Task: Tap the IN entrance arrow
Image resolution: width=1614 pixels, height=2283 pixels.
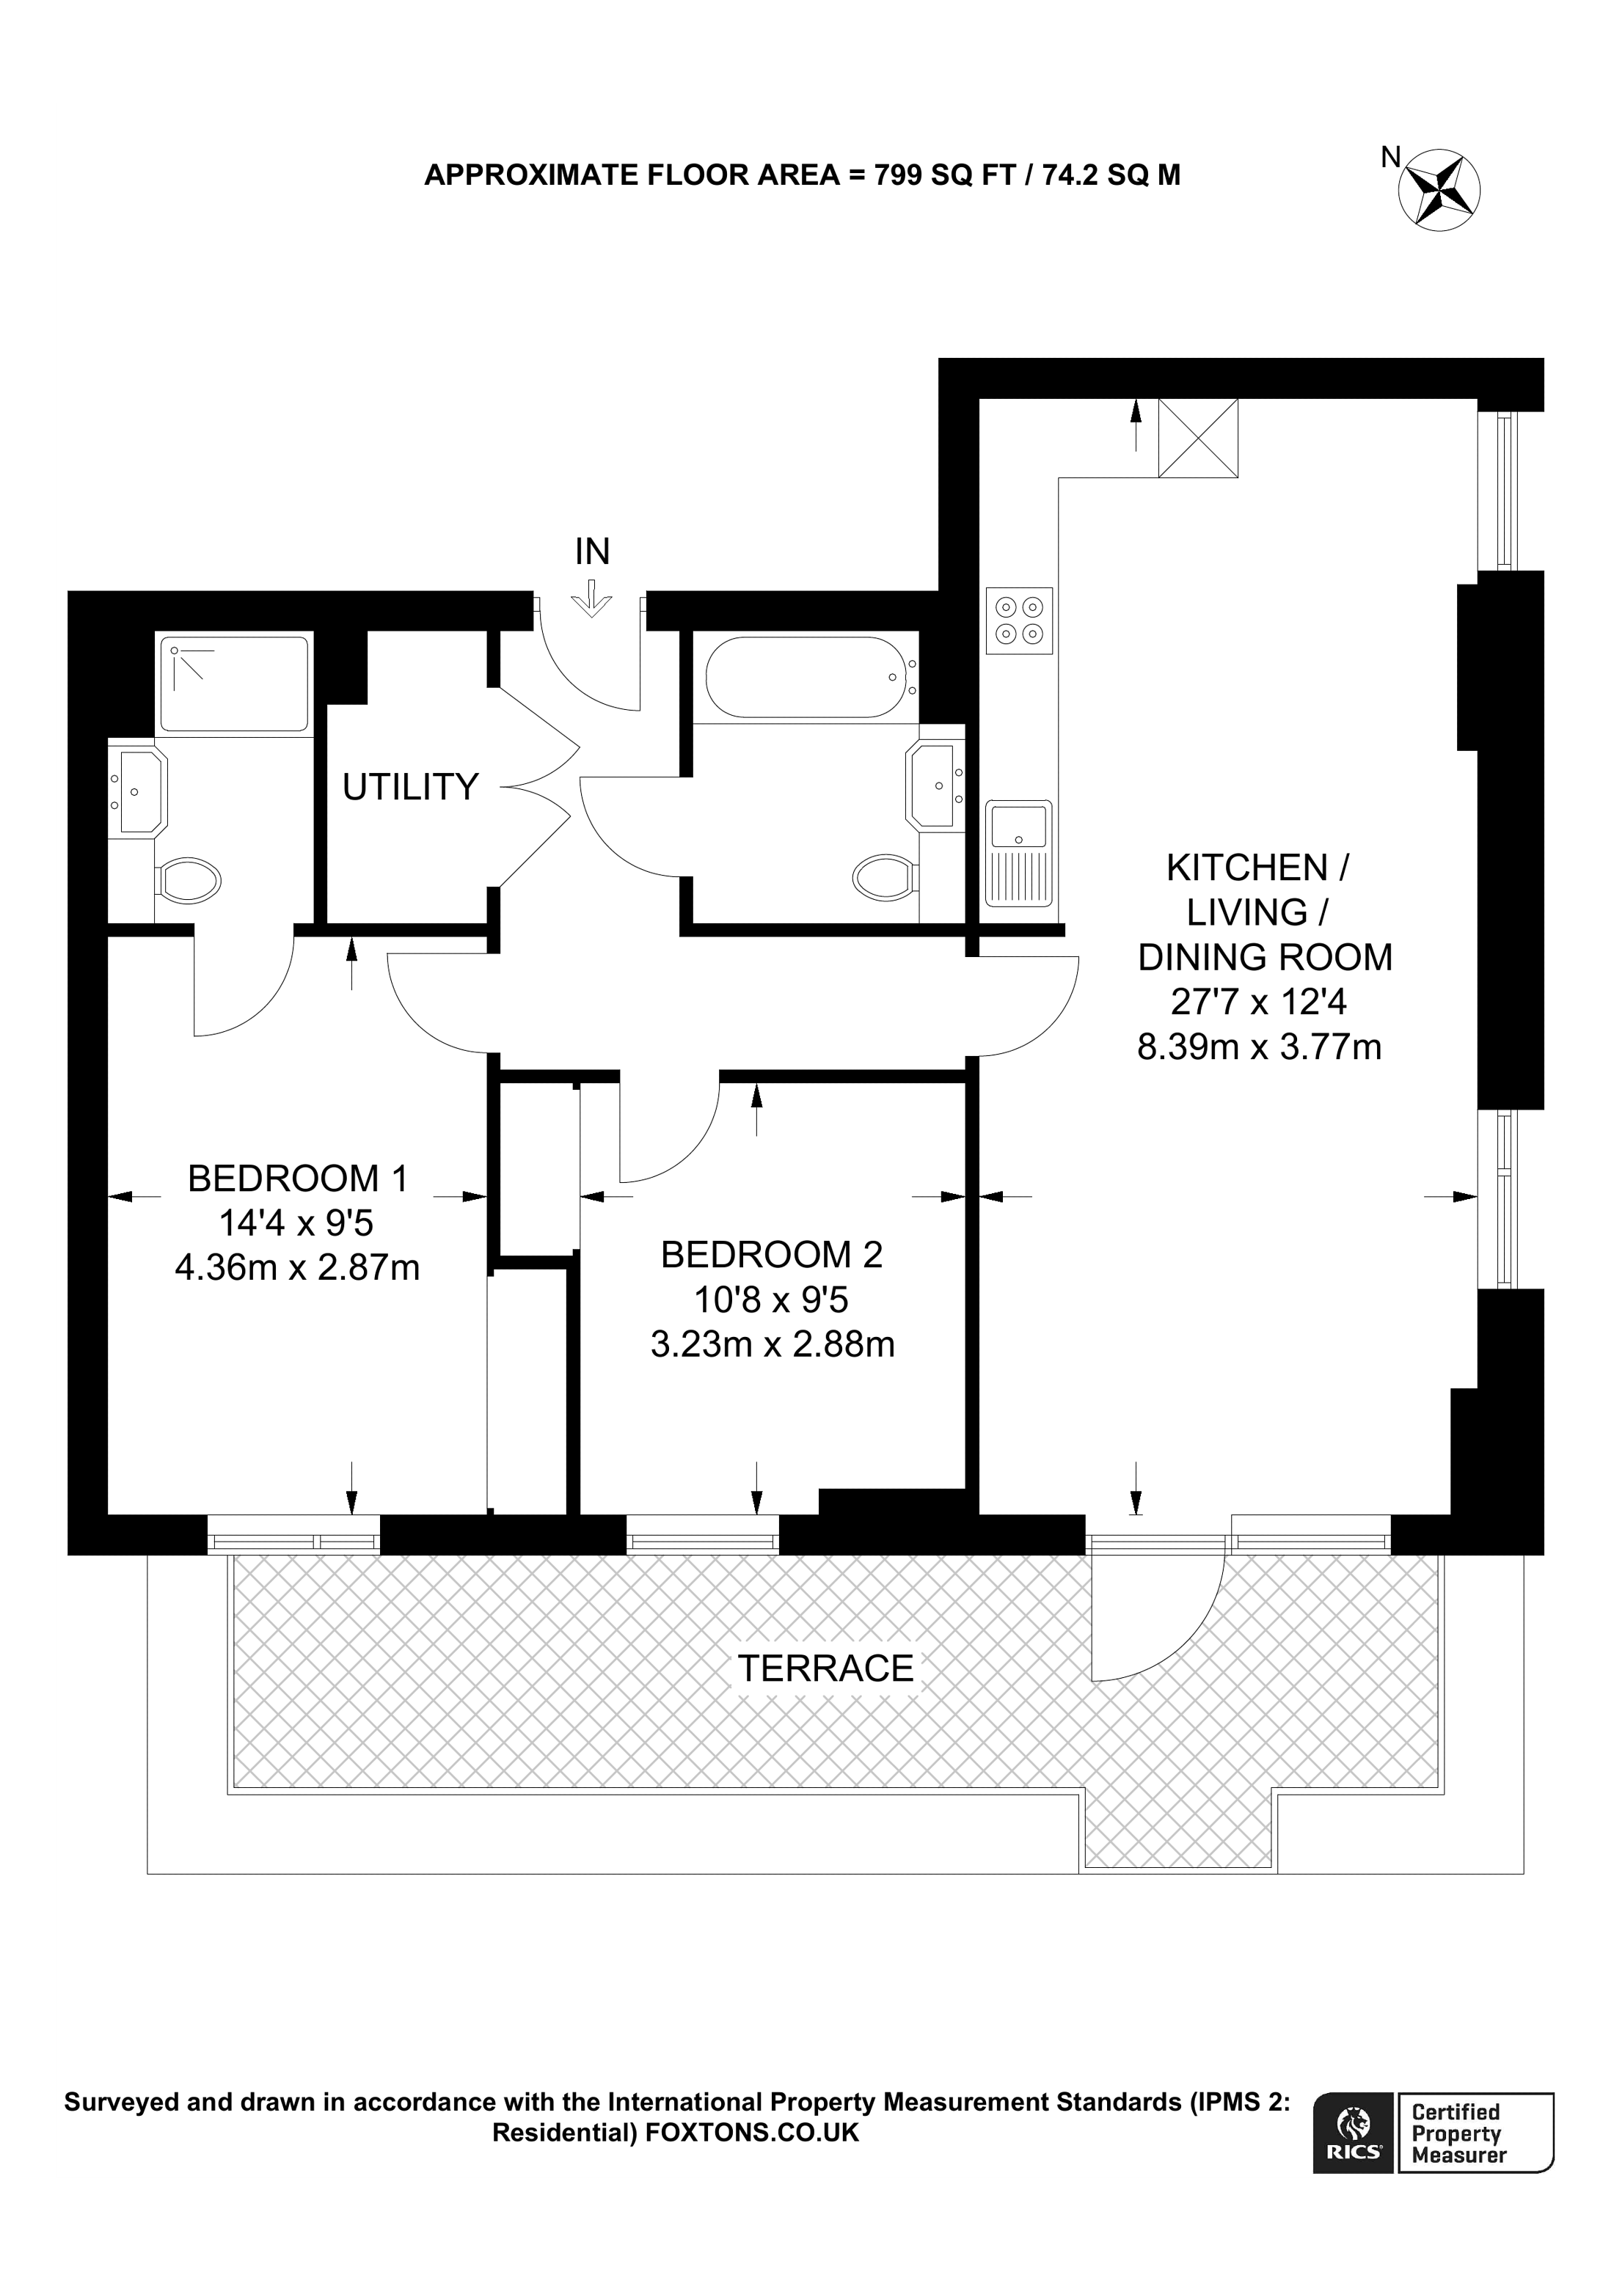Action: coord(592,601)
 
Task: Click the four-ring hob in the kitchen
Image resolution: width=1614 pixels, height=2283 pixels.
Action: coord(1019,620)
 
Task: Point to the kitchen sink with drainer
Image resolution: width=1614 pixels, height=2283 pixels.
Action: coord(1019,853)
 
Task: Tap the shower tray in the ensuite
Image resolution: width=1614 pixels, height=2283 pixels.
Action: coord(235,684)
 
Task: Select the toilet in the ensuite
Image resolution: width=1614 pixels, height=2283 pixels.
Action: coord(189,880)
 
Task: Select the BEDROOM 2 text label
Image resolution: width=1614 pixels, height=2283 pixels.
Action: coord(772,1255)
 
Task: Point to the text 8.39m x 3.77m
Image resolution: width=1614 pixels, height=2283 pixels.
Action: coord(1259,1047)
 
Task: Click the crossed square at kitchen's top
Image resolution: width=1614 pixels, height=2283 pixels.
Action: coord(1198,438)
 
